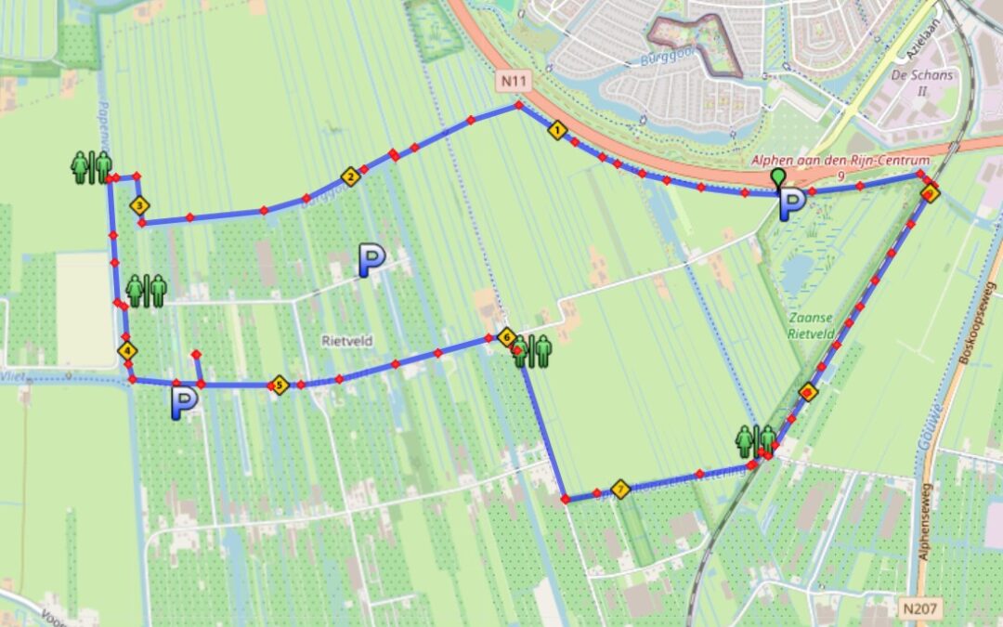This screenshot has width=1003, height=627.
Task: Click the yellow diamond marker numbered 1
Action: (x=557, y=130)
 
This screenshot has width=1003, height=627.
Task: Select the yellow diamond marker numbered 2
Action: (x=350, y=176)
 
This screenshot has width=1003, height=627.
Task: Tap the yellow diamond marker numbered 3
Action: (x=139, y=205)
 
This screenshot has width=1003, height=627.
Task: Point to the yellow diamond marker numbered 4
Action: (x=127, y=350)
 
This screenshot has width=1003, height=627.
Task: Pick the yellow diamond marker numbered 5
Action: (x=278, y=385)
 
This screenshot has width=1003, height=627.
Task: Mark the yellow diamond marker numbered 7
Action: (x=620, y=489)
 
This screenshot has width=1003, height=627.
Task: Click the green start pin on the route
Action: (x=777, y=177)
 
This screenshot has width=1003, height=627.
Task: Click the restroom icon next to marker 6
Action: (x=533, y=351)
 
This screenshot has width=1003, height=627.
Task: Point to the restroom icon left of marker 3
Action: (x=91, y=166)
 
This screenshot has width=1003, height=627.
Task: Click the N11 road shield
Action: (x=512, y=82)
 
